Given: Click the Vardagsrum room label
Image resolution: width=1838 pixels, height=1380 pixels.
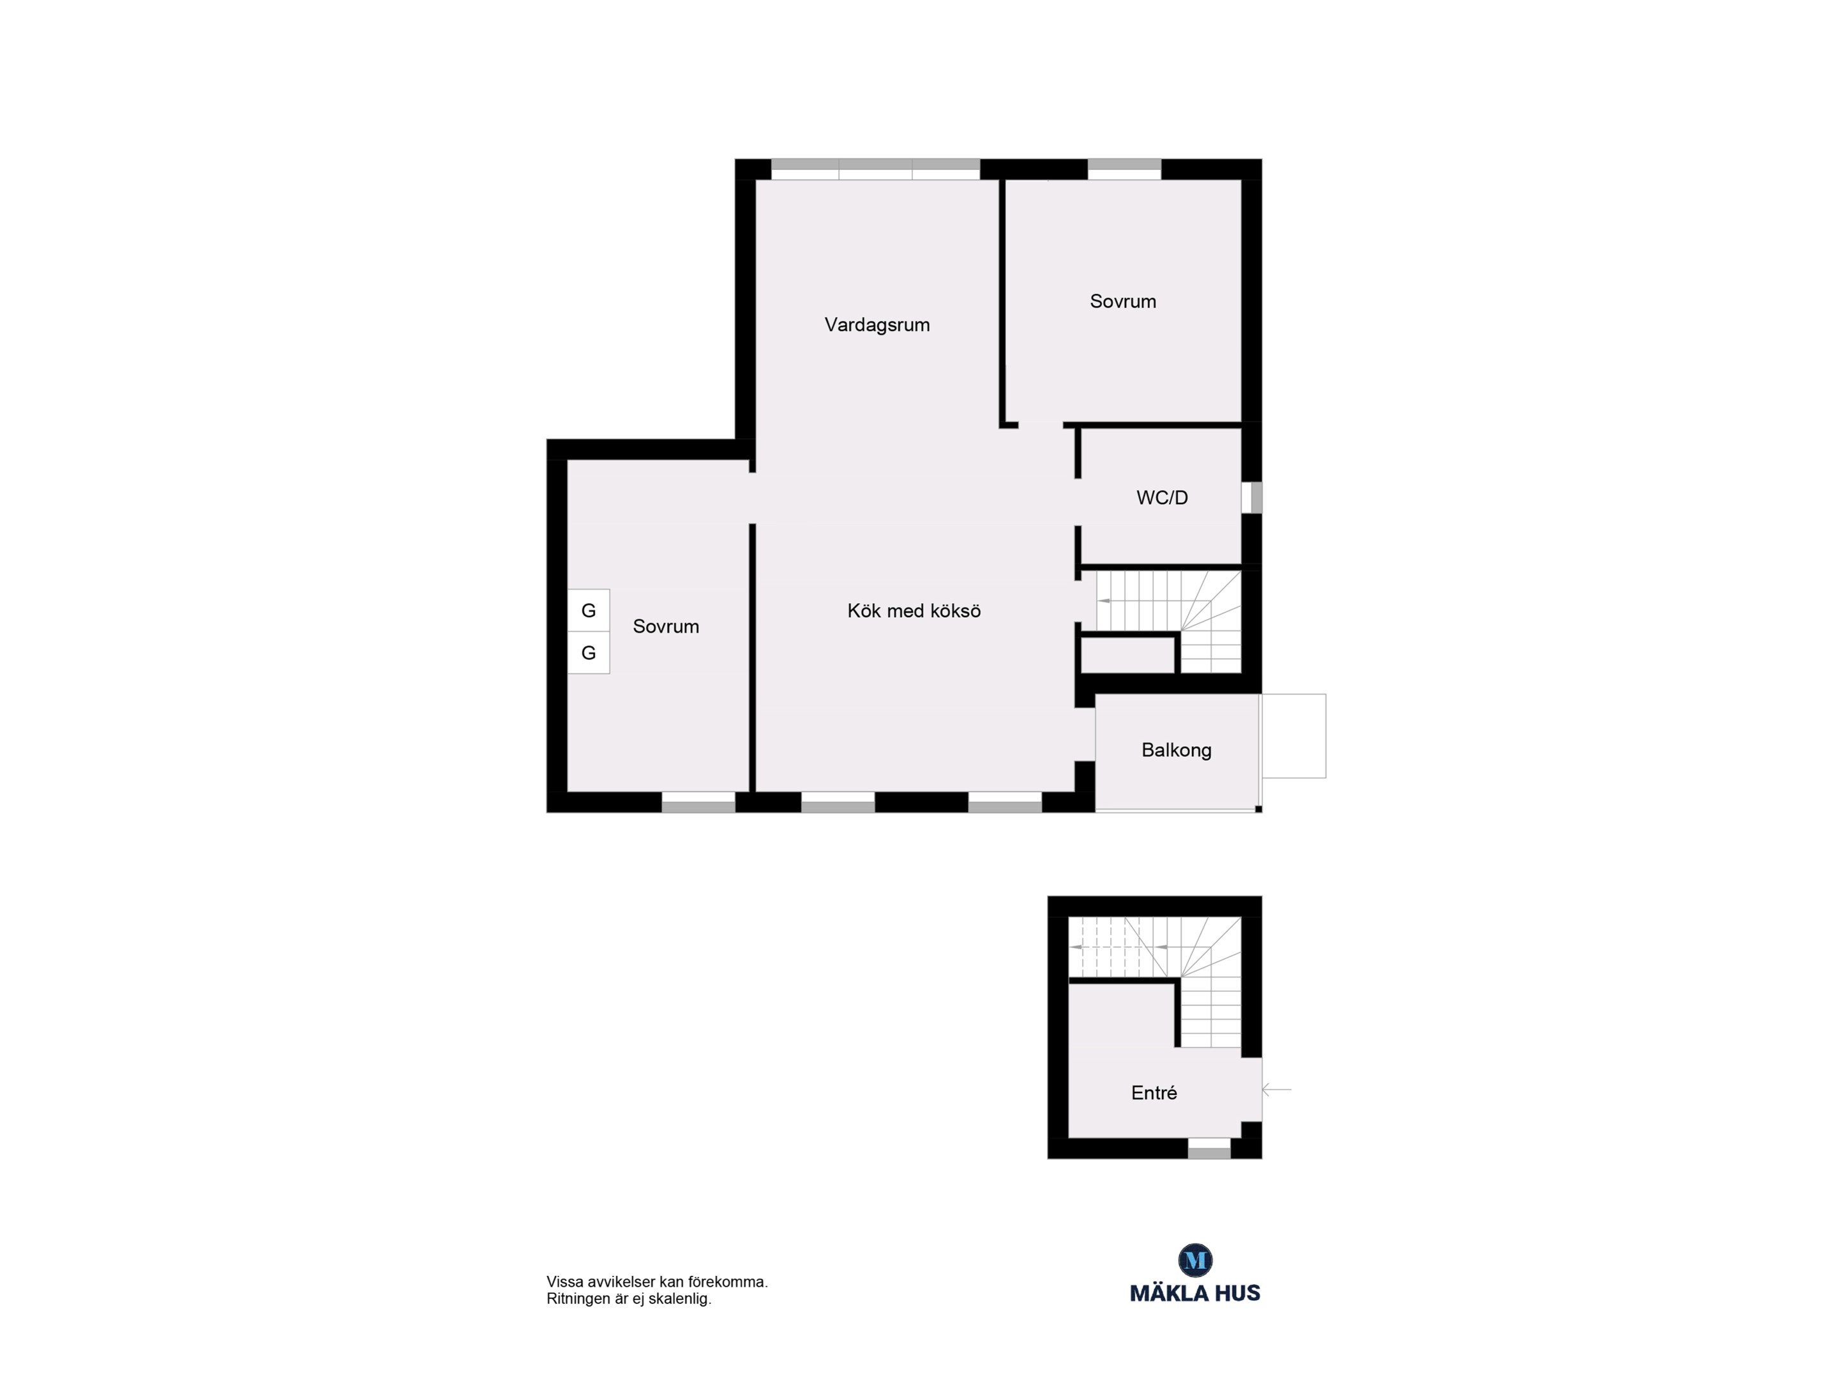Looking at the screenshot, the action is point(877,325).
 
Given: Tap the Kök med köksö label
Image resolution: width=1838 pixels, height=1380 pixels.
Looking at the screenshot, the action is point(914,611).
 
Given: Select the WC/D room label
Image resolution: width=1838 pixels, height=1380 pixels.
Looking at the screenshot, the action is point(1162,498).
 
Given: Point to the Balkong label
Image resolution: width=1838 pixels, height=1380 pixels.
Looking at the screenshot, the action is point(1176,751).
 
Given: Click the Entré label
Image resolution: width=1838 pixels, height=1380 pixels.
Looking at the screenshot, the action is point(1154,1093).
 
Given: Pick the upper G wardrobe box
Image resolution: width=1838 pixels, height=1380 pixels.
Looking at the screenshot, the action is point(588,610).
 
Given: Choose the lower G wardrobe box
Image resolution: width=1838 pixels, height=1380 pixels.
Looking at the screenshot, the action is point(588,652).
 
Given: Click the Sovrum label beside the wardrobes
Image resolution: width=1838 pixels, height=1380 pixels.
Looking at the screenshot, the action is point(666,627).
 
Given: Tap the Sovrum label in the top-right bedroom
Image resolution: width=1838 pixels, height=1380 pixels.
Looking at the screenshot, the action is point(1122,302).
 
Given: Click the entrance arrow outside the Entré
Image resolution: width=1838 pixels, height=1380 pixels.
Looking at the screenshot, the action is point(1276,1089).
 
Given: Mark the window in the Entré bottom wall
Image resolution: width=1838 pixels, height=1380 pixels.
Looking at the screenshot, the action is point(1209,1148).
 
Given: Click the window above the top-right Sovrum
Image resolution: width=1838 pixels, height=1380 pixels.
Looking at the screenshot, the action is point(1124,169).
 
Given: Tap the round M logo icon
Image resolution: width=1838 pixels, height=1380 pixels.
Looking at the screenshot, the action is point(1196,1261).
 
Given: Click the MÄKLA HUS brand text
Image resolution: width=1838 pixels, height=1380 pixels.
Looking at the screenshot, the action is point(1195,1292).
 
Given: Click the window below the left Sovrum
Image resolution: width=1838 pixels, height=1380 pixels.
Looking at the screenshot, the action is point(698,802).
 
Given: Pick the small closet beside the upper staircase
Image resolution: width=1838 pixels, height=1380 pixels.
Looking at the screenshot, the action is point(1127,655).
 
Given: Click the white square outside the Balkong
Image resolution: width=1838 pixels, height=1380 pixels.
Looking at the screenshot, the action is point(1293,736).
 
